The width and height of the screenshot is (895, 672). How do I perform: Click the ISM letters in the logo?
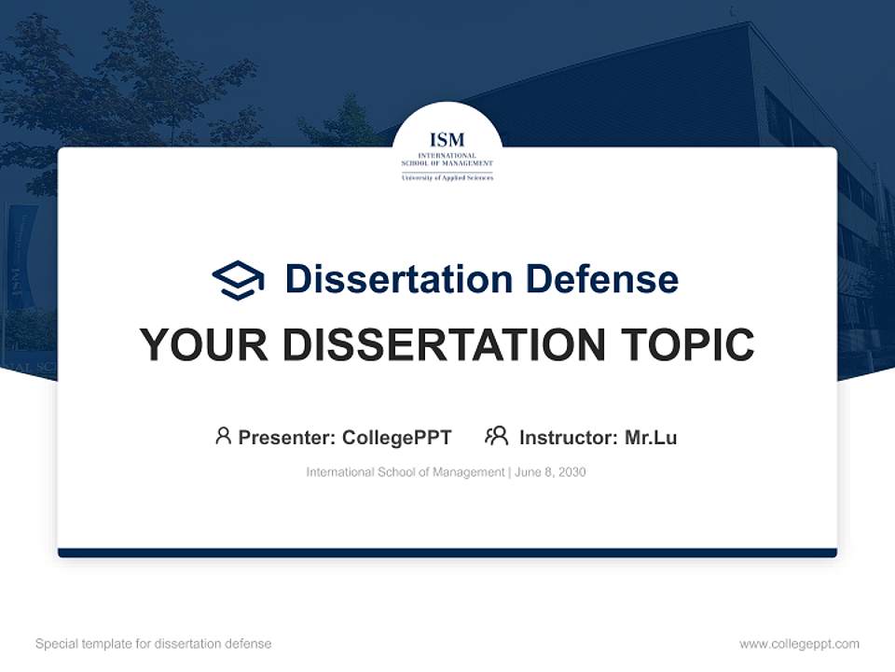(x=447, y=141)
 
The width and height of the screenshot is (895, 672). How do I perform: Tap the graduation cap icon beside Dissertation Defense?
(x=239, y=280)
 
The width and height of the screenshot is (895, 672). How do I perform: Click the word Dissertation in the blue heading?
(x=398, y=279)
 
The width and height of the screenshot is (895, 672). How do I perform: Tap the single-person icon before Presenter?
(x=223, y=436)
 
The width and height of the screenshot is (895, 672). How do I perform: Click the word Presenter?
(x=286, y=437)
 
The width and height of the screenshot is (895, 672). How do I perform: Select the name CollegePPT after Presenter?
(x=396, y=437)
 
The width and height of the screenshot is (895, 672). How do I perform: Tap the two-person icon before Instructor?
(x=496, y=436)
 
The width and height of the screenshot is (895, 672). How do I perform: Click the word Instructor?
(x=568, y=437)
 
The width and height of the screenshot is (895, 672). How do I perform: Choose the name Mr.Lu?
(x=651, y=437)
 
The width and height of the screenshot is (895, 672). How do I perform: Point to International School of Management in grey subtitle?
(x=406, y=472)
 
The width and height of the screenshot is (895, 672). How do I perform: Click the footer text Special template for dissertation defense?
(x=154, y=644)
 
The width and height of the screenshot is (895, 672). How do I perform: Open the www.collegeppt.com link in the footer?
(x=799, y=644)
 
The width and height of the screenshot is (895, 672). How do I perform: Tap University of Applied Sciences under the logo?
(x=447, y=177)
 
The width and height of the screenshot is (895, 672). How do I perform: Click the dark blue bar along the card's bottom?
(x=447, y=553)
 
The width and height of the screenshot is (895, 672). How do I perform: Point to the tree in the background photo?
(x=112, y=84)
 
